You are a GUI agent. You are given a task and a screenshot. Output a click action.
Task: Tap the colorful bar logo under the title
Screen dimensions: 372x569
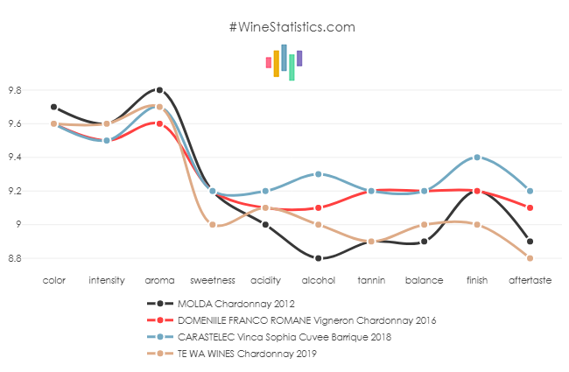click(x=284, y=61)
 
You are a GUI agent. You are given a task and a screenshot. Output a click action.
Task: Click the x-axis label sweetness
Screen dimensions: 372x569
click(x=213, y=281)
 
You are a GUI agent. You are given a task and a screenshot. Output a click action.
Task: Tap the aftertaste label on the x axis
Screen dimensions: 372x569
click(x=530, y=281)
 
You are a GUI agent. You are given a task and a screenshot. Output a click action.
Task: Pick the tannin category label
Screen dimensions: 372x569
click(x=371, y=281)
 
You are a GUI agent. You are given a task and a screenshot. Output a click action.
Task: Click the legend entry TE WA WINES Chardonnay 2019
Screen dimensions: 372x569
click(x=231, y=353)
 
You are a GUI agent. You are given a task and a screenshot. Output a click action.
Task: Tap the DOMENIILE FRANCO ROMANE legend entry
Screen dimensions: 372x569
click(x=306, y=319)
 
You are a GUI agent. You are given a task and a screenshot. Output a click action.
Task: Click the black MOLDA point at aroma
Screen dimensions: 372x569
click(x=159, y=90)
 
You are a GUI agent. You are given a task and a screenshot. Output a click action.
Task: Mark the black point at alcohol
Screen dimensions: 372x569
click(x=318, y=258)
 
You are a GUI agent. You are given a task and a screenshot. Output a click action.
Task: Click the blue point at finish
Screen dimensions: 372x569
click(x=477, y=158)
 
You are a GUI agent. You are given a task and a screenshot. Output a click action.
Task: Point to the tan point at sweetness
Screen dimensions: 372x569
click(x=213, y=225)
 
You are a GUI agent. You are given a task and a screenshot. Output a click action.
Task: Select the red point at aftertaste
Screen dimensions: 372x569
click(x=530, y=207)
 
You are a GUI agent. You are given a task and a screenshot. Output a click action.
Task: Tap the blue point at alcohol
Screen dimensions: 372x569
click(x=318, y=174)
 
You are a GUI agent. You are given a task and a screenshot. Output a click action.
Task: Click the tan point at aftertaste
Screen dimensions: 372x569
click(x=530, y=258)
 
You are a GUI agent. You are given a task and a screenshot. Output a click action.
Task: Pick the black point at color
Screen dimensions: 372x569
click(x=53, y=107)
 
